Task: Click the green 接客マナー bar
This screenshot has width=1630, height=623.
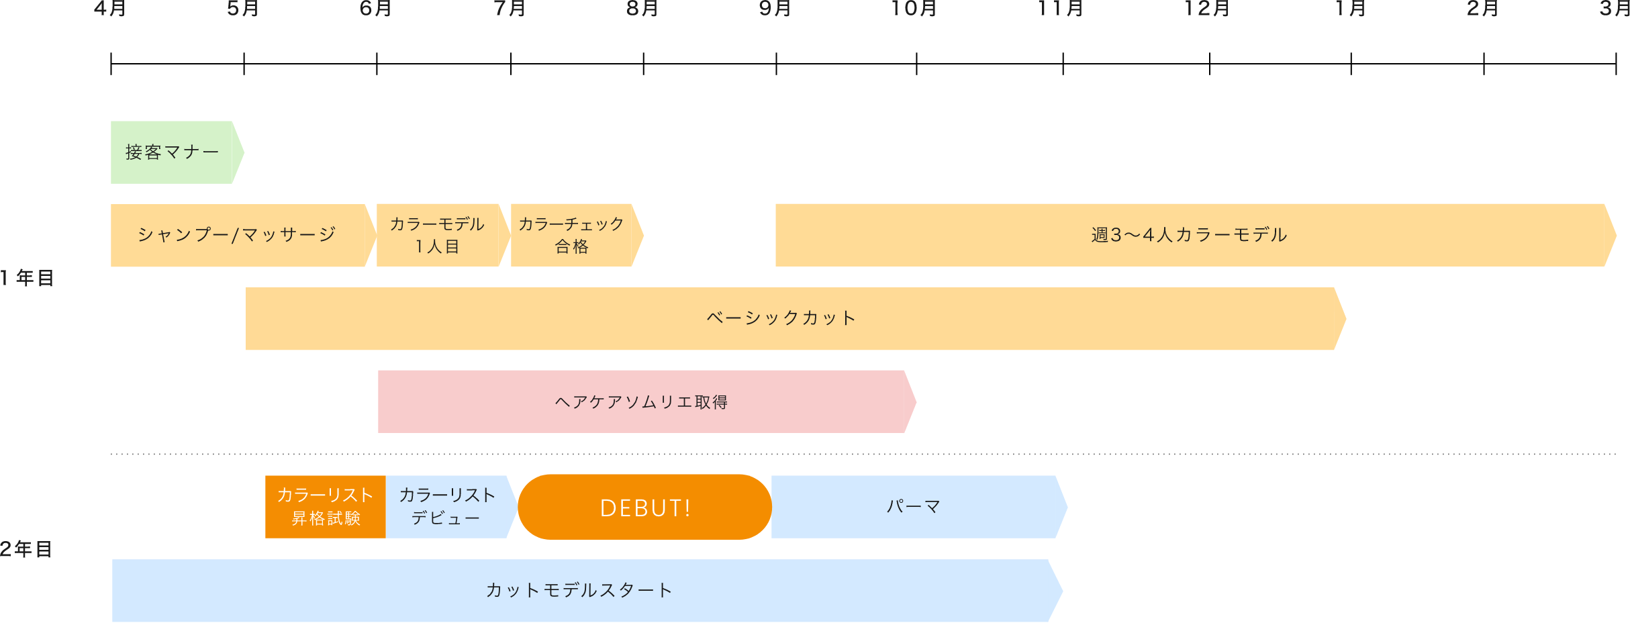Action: coord(173,152)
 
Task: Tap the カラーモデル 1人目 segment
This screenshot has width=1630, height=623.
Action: coord(438,235)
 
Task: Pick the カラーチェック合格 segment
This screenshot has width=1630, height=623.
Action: coord(572,235)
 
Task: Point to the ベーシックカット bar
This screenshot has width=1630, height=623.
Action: coord(782,318)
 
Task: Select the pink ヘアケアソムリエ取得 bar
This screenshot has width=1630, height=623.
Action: coord(642,401)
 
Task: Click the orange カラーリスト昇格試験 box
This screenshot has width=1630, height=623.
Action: coord(326,507)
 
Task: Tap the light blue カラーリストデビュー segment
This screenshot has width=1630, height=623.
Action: coord(446,507)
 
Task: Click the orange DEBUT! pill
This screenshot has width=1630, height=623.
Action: coord(644,508)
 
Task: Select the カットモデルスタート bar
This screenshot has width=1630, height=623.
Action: coord(579,590)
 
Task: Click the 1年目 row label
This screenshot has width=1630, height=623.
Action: coord(27,278)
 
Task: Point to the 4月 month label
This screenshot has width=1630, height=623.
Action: coord(110,8)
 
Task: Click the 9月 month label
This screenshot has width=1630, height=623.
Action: coord(775,8)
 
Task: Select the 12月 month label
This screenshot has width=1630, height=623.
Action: coord(1206,8)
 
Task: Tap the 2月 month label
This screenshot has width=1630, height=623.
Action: coord(1483,8)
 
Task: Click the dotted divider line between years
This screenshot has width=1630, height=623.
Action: coord(863,454)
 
